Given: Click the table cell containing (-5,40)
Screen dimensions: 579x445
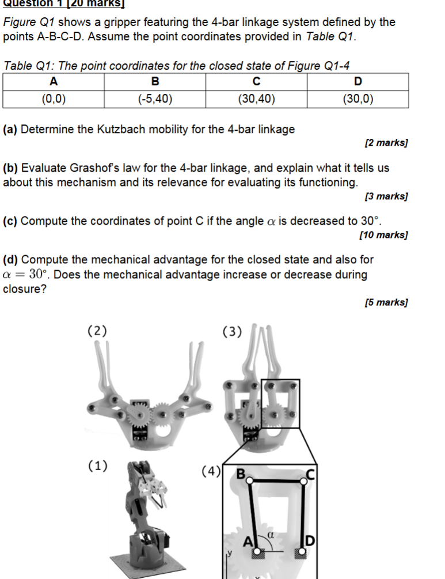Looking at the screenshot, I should point(155,99).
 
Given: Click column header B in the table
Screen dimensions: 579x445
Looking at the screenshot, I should point(155,81).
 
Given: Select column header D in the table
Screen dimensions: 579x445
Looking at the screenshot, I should point(358,81).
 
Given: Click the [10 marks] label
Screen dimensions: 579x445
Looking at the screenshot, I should point(383,235).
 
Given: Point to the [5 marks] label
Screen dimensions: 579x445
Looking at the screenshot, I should point(386,302).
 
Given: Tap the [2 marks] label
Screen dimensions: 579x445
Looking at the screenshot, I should point(386,142).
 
